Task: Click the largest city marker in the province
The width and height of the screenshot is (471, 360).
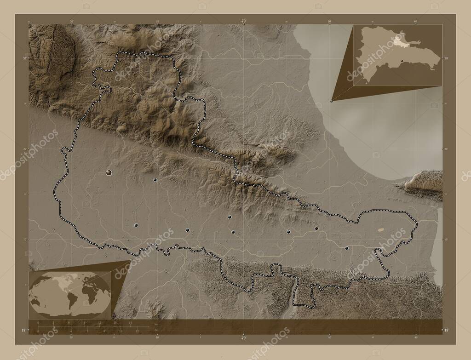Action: tap(109, 172)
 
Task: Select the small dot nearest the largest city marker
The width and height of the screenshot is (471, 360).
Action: tap(155, 180)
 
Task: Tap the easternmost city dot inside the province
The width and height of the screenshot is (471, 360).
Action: tap(346, 248)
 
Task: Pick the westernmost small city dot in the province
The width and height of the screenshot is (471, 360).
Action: tap(136, 225)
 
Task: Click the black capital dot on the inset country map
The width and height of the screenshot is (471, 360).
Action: tap(402, 61)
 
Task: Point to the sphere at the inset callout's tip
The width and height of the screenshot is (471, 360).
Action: tap(332, 101)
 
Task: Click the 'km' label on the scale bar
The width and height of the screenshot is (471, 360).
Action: tap(157, 324)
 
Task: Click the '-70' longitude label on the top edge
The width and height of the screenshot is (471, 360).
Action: tap(243, 21)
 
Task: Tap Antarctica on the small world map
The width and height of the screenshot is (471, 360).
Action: tap(69, 314)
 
